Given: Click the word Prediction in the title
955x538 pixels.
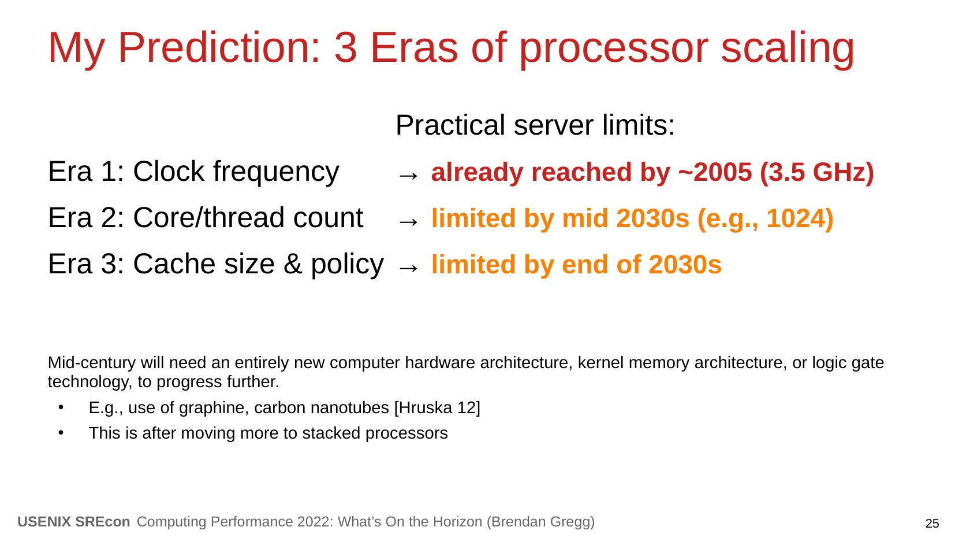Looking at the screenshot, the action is click(219, 48).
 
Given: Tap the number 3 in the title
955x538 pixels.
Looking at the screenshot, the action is click(346, 48).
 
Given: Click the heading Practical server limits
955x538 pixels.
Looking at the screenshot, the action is click(535, 125).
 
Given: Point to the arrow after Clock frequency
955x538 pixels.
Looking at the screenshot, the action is click(408, 175).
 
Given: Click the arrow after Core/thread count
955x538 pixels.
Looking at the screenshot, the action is click(408, 222).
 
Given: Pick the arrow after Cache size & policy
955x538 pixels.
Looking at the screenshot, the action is click(408, 268).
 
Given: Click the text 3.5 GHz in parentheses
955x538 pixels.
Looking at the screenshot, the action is click(817, 173).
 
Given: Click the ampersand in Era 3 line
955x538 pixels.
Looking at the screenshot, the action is click(293, 264).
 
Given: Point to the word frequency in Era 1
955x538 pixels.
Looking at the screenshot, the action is click(276, 173).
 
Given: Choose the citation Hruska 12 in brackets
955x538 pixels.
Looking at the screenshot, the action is click(438, 408).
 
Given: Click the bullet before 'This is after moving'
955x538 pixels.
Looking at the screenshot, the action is click(61, 433).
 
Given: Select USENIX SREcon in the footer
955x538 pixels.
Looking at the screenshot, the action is click(74, 522).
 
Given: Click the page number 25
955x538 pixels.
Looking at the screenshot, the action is click(932, 524).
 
